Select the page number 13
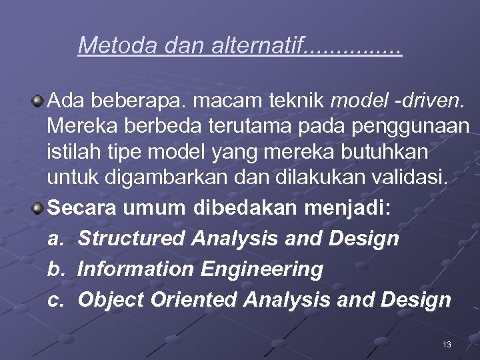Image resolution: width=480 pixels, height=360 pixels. (x=447, y=344)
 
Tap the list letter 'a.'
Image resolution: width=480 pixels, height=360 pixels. (x=56, y=239)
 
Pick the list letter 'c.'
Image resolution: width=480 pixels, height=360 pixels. (x=56, y=300)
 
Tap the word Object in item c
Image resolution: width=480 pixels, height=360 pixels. (x=111, y=300)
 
